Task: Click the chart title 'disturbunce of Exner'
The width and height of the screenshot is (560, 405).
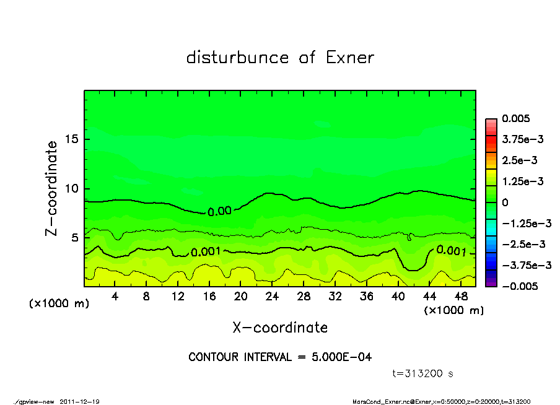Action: pos(280,58)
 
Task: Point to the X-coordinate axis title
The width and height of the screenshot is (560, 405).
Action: pos(280,327)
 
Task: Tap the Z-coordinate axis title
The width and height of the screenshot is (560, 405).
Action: pos(52,188)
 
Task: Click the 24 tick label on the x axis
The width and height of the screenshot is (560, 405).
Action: pos(272,296)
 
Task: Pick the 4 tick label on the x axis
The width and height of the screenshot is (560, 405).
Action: pos(115,296)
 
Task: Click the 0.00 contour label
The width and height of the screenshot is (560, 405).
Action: pos(219,211)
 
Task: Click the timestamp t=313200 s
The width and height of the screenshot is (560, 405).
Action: pos(423,373)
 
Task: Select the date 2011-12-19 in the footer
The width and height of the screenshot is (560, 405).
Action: pos(79,401)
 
